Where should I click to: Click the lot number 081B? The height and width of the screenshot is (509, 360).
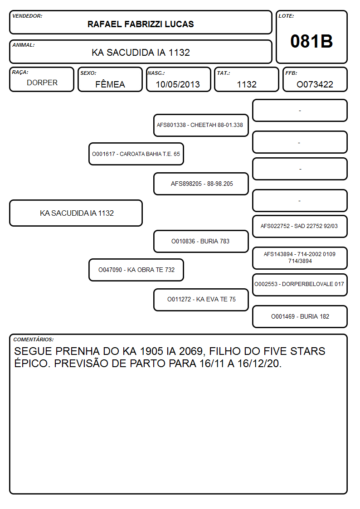[x=311, y=41]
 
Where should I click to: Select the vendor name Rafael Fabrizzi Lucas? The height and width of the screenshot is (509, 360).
[x=141, y=24]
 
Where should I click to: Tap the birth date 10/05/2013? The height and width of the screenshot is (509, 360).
[x=178, y=84]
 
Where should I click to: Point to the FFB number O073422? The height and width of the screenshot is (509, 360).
[x=315, y=84]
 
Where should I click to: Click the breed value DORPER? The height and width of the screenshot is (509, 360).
[x=42, y=83]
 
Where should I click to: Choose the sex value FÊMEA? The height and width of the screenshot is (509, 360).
[x=110, y=84]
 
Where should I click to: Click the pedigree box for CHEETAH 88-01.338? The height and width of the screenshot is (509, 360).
[x=201, y=125]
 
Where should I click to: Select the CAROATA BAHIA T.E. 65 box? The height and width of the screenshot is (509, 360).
[x=136, y=154]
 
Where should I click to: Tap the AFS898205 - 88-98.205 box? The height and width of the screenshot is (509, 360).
[x=201, y=184]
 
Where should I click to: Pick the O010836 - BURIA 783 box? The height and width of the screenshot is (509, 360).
[x=201, y=241]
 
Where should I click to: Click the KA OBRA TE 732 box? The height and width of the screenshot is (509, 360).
[x=136, y=270]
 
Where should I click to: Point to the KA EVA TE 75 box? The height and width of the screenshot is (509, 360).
[x=201, y=300]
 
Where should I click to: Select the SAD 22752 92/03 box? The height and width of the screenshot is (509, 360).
[x=300, y=226]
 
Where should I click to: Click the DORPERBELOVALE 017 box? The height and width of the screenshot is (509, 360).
[x=300, y=285]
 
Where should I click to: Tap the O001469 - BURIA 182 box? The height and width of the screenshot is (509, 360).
[x=300, y=316]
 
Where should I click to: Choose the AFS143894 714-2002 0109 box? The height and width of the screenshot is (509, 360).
[x=300, y=258]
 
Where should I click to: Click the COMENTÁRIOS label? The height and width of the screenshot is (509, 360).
[x=34, y=339]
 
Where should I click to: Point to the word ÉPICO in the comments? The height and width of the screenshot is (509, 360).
[x=32, y=363]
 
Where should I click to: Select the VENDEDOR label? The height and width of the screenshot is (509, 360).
[x=27, y=16]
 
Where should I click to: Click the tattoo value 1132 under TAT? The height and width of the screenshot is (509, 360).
[x=247, y=84]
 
